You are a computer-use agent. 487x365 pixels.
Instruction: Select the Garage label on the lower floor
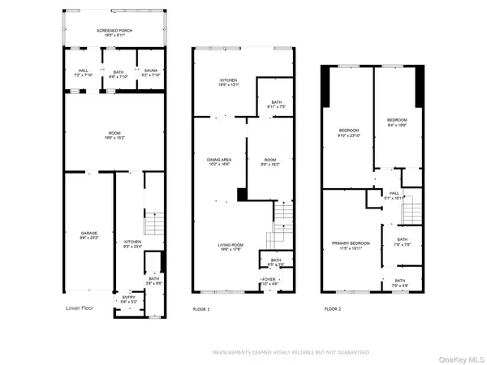(88, 234)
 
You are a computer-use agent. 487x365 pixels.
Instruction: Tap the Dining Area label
(219, 162)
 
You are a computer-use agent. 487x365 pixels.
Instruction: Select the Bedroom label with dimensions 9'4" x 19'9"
(395, 123)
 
